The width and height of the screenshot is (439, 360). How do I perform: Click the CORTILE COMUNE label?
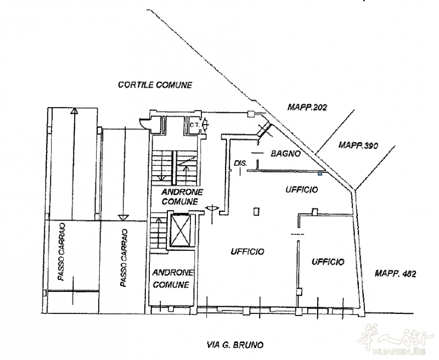155,85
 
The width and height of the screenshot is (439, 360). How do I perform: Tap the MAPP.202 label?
307,107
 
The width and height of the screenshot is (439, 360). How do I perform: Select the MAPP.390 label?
358,145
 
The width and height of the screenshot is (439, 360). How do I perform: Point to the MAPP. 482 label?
395,273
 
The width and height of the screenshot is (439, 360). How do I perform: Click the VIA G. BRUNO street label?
235,345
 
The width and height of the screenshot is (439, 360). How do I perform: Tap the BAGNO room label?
286,154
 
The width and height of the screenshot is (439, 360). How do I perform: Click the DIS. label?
241,162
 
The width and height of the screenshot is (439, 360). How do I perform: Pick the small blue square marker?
320,174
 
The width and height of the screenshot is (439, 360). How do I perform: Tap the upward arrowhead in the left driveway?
74,111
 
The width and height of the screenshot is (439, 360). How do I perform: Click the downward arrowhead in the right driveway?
123,217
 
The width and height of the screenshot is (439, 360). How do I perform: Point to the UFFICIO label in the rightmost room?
328,262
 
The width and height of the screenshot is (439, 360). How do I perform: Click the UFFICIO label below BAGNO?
302,189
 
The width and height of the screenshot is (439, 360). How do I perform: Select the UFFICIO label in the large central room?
247,251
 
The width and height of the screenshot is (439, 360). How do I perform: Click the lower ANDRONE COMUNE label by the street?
173,278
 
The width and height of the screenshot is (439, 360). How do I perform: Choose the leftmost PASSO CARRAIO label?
61,252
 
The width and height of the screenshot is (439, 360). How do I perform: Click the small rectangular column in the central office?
256,211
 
